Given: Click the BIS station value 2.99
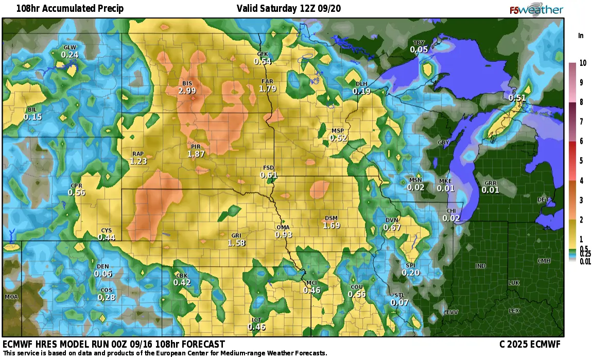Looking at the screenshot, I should tap(187, 91).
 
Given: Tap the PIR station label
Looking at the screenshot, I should tap(196, 147).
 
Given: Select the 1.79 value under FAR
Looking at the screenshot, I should tap(268, 89).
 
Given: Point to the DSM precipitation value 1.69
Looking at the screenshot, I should tap(331, 225).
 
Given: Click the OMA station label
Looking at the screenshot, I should tap(283, 227).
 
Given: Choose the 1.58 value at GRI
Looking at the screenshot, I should tap(236, 243).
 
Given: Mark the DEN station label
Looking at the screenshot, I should tap(102, 266).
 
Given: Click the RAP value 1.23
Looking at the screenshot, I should tap(138, 161).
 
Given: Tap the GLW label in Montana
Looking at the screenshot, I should tap(69, 47).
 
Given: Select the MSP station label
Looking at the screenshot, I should tap(338, 131).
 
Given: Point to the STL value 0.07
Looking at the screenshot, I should tap(399, 302).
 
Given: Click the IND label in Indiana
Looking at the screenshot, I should tap(480, 266).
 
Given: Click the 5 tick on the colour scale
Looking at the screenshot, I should tap(581, 161).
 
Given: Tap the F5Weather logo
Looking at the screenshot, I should tap(536, 10).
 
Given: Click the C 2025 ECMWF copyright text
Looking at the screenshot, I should tap(529, 344).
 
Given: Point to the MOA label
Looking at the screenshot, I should tap(11, 297).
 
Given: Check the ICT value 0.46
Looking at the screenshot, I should tap(256, 327).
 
